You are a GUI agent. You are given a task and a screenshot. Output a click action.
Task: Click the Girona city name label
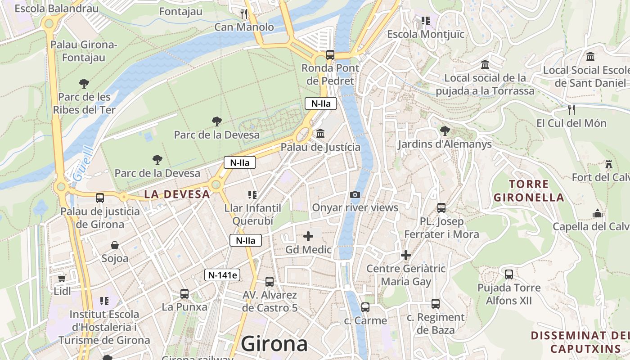tap(274, 344)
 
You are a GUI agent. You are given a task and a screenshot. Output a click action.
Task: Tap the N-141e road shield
tap(222, 274)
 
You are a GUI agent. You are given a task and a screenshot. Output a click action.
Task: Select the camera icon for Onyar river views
tap(355, 194)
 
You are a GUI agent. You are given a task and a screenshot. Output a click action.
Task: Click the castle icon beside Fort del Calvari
tap(609, 164)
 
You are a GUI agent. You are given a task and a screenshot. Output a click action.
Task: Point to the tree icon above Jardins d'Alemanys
tap(445, 131)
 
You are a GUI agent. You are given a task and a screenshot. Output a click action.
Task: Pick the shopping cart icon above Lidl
tap(62, 278)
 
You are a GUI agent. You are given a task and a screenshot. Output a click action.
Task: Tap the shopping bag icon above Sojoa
tap(115, 245)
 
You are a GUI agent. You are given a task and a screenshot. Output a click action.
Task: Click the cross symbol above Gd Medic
tap(308, 236)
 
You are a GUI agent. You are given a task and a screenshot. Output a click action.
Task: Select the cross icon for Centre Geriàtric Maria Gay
tap(406, 255)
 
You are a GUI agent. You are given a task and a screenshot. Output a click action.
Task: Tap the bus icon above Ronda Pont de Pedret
tap(330, 55)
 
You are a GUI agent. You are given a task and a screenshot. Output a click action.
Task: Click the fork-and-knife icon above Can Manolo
tap(243, 14)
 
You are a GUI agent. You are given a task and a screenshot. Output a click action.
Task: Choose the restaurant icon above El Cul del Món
tap(571, 109)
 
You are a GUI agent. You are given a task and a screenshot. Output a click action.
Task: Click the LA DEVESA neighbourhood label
tap(177, 194)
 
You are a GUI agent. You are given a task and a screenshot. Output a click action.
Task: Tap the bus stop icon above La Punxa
tap(184, 294)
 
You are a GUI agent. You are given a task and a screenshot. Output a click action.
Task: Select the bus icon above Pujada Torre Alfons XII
tap(509, 274)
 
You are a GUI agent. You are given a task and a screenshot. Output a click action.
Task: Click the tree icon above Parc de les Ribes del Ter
tap(84, 83)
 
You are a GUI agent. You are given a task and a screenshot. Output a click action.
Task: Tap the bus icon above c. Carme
tap(365, 307)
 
